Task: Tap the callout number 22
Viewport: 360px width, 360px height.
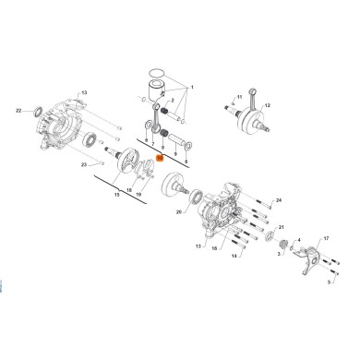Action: tap(19, 111)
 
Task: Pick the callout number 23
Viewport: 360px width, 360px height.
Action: tap(84, 164)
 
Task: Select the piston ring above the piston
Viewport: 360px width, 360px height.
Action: tap(156, 74)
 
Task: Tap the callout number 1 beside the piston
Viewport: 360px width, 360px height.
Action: tap(192, 85)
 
